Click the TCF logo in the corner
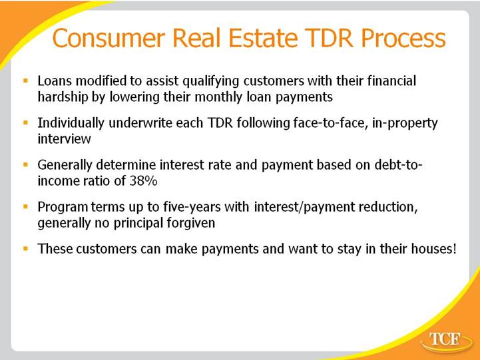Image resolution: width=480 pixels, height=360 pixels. [447, 341]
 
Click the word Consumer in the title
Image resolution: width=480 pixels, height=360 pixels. [109, 38]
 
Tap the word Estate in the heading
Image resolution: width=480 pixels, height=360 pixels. [263, 38]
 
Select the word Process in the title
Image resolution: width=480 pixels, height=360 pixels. [403, 38]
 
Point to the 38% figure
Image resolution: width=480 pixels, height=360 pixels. [143, 181]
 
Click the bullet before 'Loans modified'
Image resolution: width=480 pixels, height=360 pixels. [26, 81]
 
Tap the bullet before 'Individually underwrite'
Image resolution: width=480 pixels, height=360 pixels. [26, 123]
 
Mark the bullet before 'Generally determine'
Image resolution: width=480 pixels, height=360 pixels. [26, 165]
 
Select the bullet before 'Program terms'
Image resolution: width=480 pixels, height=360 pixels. [26, 207]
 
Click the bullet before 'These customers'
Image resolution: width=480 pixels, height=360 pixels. [26, 249]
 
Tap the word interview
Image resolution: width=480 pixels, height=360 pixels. [65, 139]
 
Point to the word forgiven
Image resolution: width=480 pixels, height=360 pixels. [190, 223]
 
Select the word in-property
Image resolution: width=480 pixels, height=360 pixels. [405, 124]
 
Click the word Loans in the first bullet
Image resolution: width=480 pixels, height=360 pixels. [55, 81]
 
